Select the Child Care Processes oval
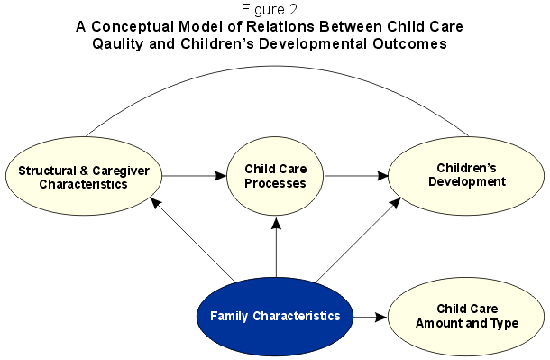276,176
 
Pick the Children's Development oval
464,175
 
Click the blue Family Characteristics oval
274,316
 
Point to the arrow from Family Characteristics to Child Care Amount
370,317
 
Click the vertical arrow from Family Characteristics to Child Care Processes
276,248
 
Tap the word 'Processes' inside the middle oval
276,183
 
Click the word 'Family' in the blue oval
230,316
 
